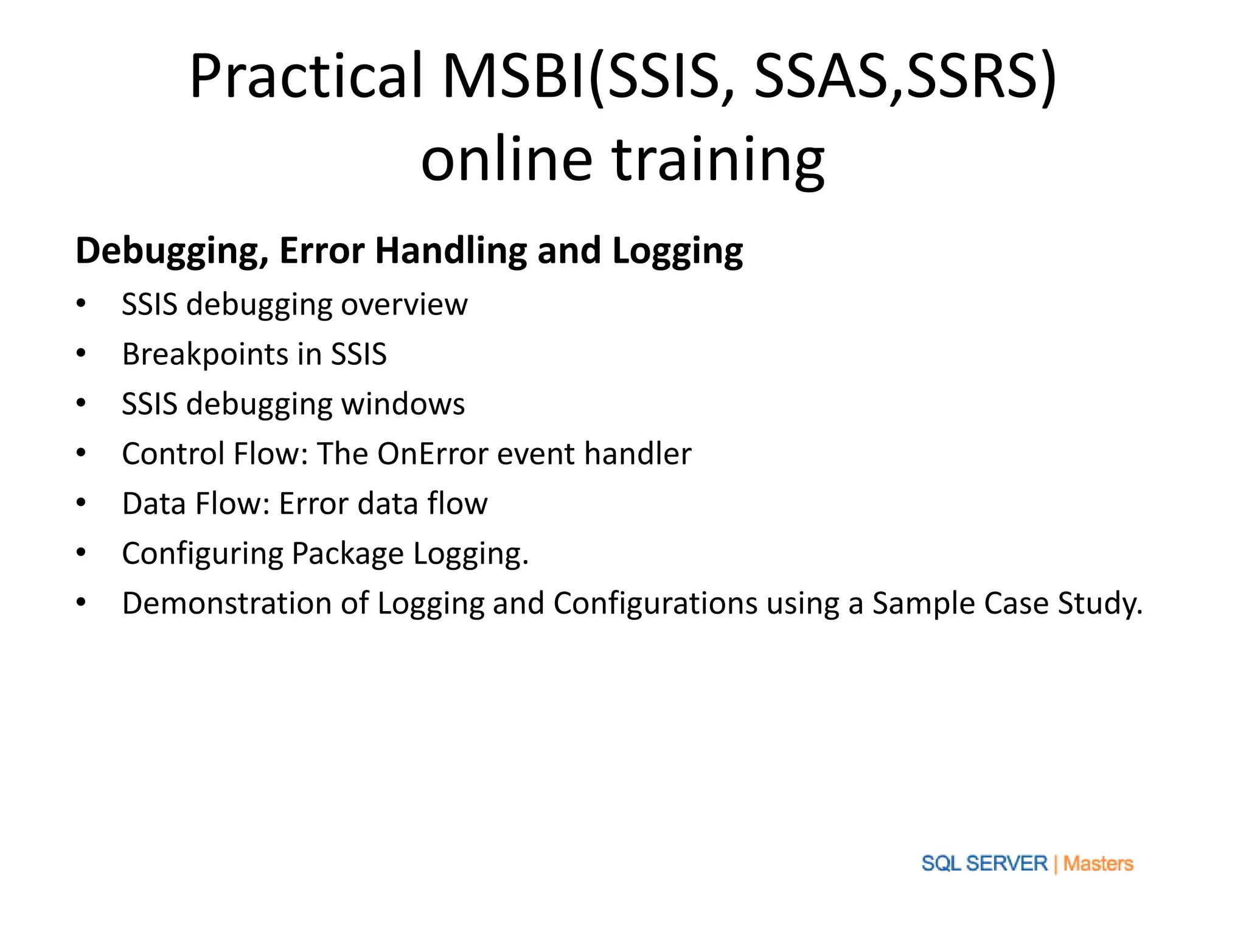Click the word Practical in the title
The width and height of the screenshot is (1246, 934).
pos(306,76)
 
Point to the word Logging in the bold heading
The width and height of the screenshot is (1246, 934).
pos(677,251)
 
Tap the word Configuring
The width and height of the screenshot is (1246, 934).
pos(203,553)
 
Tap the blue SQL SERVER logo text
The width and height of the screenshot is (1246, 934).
pos(984,863)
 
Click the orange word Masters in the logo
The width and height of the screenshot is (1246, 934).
pos(1098,863)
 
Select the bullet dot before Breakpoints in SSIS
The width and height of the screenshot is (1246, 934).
pos(81,353)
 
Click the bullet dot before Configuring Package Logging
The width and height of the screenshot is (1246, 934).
pos(81,553)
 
